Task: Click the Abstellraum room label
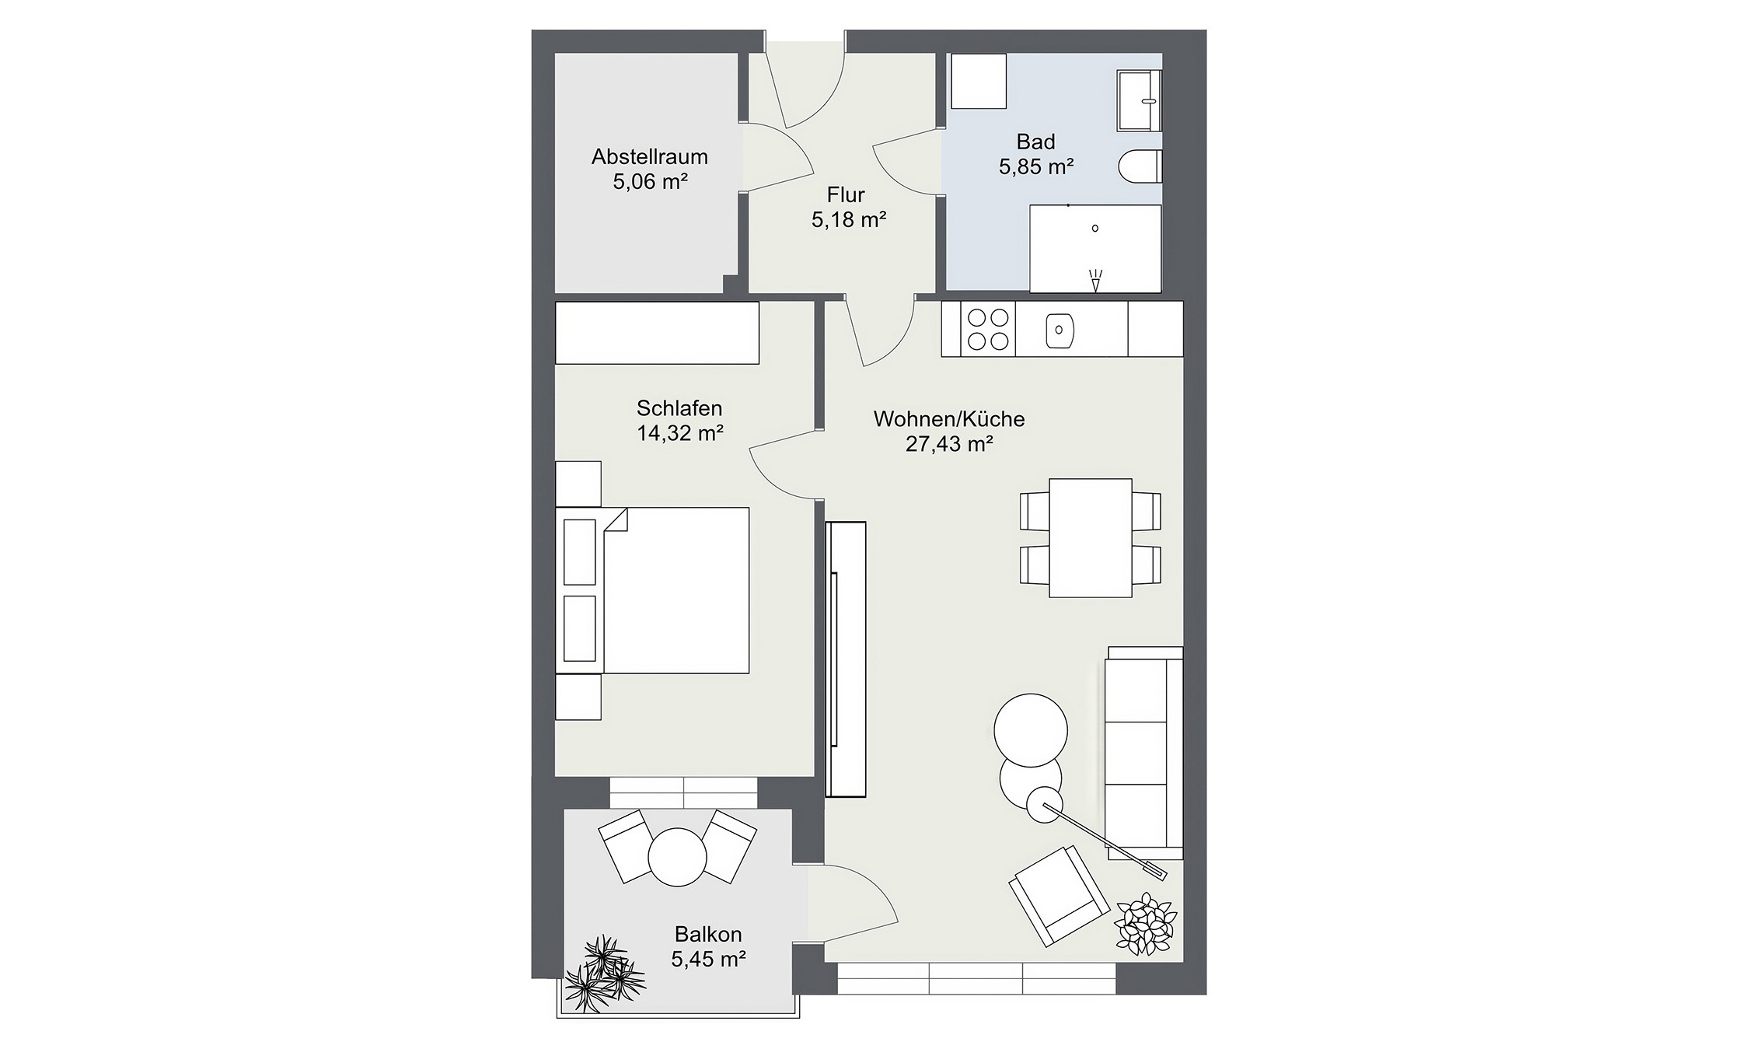[x=649, y=157]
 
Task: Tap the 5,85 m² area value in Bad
[x=1036, y=166]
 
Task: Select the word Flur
[x=846, y=194]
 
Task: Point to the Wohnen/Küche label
[x=949, y=419]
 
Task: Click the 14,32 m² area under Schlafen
[x=680, y=433]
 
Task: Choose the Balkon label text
[x=708, y=934]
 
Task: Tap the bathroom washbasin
[x=1140, y=100]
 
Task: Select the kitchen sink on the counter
[x=1060, y=330]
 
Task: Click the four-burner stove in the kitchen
[x=987, y=329]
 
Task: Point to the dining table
[x=1091, y=538]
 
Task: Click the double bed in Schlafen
[x=653, y=590]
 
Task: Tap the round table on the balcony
[x=677, y=857]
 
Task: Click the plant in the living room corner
[x=1144, y=923]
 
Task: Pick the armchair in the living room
[x=1059, y=896]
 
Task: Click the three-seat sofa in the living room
[x=1144, y=753]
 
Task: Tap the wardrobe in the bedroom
[x=657, y=333]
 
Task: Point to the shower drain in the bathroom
[x=1095, y=229]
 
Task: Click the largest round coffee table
[x=1031, y=730]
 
